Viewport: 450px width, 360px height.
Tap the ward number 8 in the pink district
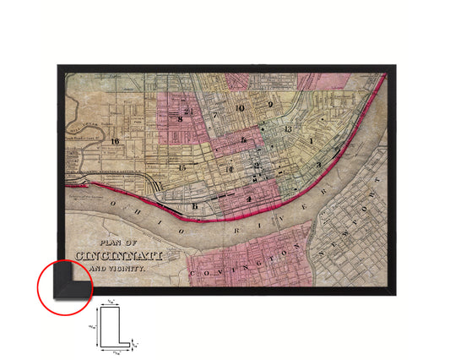coord(180,119)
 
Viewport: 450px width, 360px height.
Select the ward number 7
coord(215,115)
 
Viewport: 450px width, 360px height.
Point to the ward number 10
coord(241,108)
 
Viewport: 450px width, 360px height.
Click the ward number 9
coord(270,105)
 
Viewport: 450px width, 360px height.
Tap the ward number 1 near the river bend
coord(312,140)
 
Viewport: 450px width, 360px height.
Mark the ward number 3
coord(318,165)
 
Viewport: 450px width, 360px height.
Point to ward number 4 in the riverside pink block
coord(250,199)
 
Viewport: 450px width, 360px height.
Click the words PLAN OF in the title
coord(111,238)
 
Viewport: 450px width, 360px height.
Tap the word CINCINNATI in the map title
coord(112,254)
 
